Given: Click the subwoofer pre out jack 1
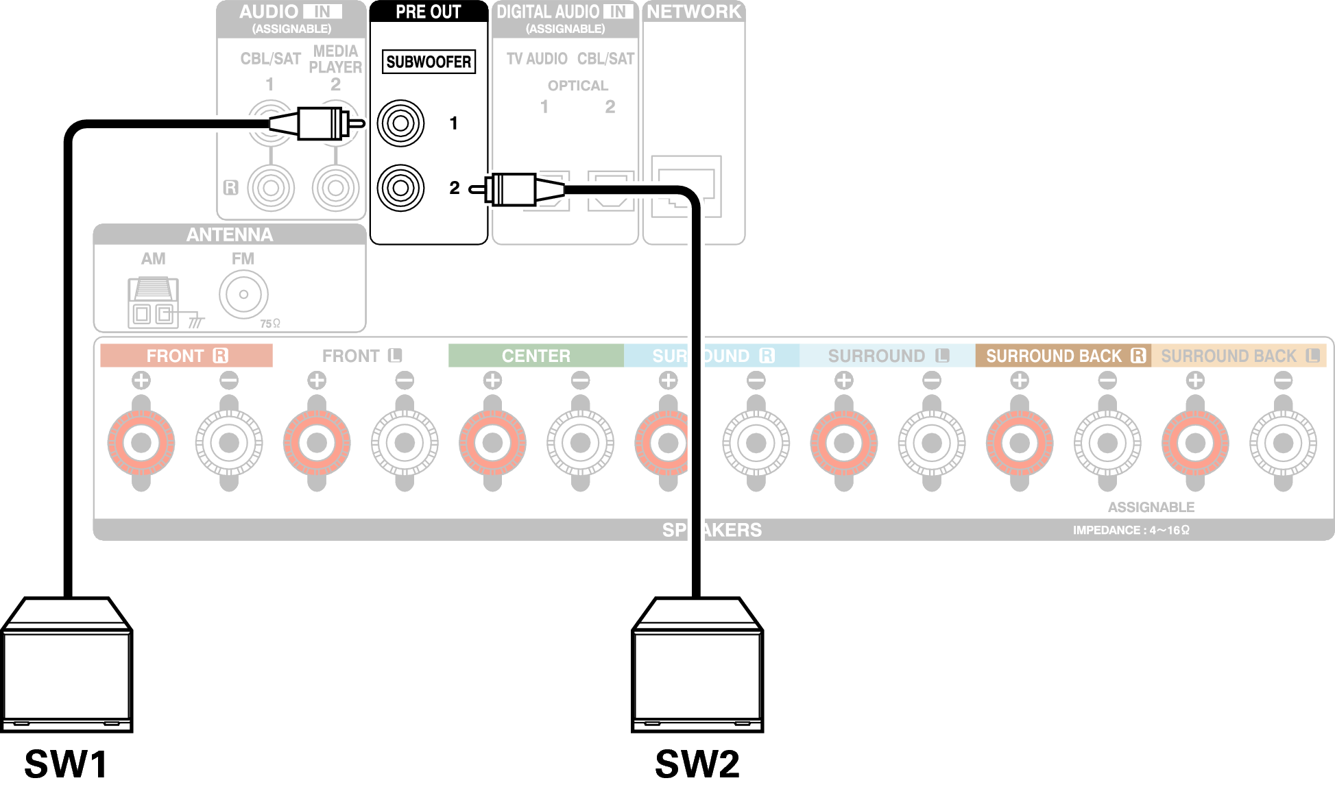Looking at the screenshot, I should coord(401,123).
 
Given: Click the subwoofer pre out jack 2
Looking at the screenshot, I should coord(401,188).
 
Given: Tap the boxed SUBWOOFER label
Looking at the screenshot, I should coord(429,62).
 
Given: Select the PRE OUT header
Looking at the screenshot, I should coord(429,12).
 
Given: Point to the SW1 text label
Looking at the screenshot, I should coord(67,763).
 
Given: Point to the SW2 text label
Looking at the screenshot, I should coord(697,763).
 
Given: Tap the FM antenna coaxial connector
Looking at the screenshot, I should coord(243,295).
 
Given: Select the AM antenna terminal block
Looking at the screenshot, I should coord(153,302).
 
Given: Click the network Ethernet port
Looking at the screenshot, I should coord(686,186).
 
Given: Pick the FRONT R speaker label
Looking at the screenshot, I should coord(187,356).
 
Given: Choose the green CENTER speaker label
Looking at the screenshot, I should coord(536,356).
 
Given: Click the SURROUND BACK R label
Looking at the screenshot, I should coord(1063,356).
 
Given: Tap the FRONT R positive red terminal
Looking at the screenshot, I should coord(141,443).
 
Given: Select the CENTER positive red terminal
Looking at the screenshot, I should coord(492,443).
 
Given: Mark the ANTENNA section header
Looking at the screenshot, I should coord(230,235).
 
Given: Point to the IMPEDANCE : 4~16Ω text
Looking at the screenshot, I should coord(1131,530).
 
